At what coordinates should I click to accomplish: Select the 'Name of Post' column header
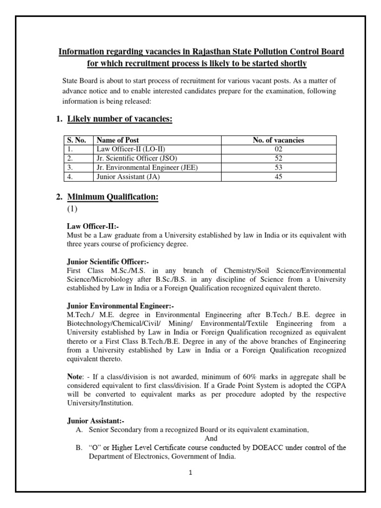[x=118, y=140]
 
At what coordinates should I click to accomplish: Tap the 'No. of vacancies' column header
[x=278, y=140]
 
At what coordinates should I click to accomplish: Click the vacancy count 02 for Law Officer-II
[x=278, y=149]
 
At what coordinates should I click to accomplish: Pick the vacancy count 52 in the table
[x=278, y=158]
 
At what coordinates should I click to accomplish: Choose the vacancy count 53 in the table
[x=278, y=168]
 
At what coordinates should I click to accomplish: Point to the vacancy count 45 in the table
[x=278, y=177]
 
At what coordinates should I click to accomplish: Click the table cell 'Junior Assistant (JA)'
[x=128, y=177]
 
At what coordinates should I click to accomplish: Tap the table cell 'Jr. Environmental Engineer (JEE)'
[x=147, y=168]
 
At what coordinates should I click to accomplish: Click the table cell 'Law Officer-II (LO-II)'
[x=129, y=149]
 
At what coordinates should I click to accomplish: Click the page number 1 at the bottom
[x=190, y=473]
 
